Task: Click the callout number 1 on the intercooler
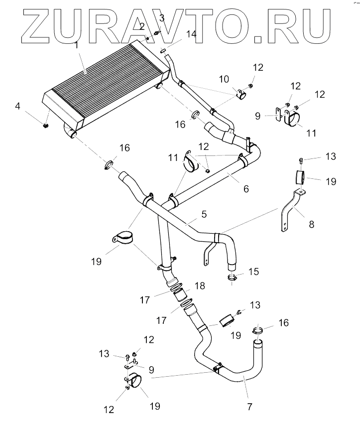77,45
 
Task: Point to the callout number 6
246,189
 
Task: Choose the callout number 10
224,79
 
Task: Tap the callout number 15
254,272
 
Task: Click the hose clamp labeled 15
233,278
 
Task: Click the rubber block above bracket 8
299,177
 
